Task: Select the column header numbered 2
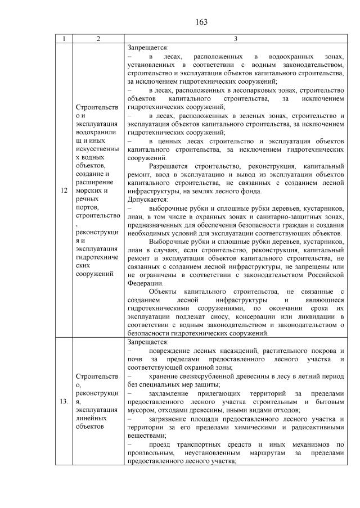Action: coord(98,39)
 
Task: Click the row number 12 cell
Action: coord(64,190)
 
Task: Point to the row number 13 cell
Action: coord(64,401)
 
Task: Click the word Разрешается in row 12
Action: coord(169,167)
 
